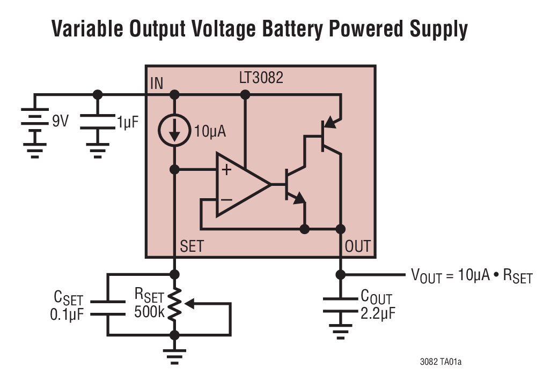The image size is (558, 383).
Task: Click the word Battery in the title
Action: (291, 29)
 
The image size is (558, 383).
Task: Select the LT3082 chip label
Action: (261, 78)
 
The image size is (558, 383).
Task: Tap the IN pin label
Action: (157, 83)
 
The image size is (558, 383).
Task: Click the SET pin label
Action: (192, 246)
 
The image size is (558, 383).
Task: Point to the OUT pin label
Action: (357, 246)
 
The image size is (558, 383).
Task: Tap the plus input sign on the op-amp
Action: (226, 170)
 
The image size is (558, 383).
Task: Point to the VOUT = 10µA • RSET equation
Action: (472, 276)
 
